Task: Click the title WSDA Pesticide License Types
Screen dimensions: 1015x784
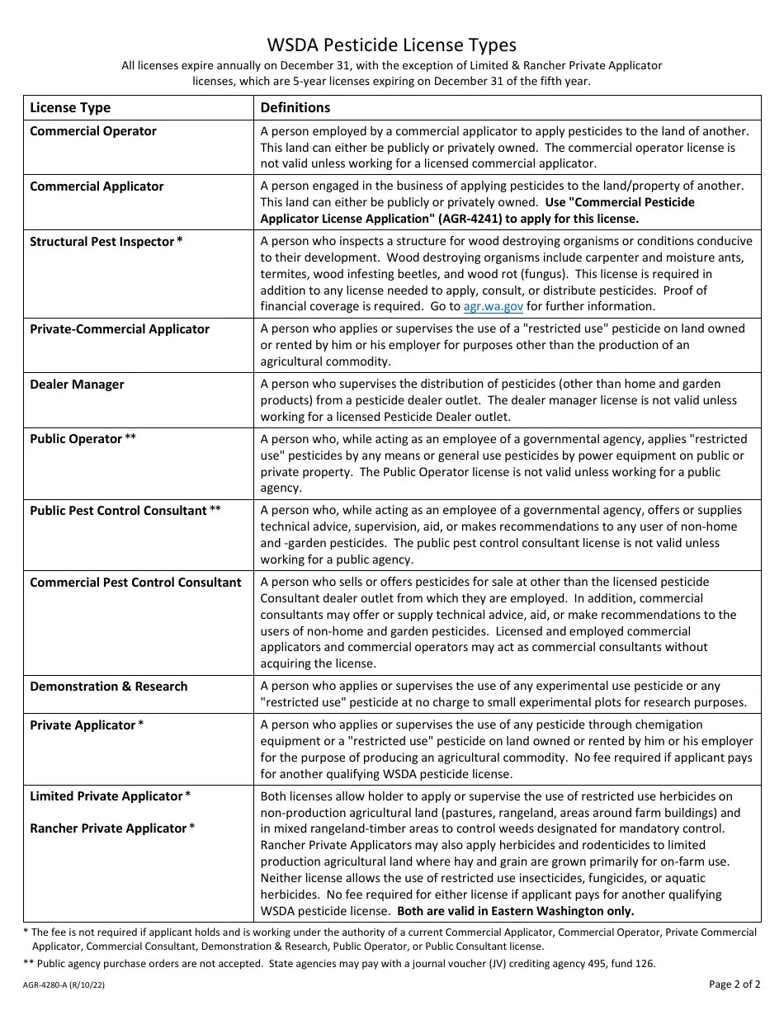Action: (391, 45)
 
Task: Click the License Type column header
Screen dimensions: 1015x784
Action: (70, 108)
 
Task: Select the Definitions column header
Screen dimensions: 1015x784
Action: (295, 108)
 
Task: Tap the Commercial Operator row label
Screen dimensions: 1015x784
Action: (93, 131)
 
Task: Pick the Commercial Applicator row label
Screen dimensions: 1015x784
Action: (97, 186)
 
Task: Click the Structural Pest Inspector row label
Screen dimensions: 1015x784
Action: (102, 242)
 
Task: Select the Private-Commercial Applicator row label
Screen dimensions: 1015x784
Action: (120, 329)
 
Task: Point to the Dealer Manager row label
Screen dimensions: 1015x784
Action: (77, 385)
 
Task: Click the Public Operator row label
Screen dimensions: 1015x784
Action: (76, 439)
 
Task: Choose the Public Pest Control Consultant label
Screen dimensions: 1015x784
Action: (118, 511)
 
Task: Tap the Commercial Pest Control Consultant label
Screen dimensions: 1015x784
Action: (135, 583)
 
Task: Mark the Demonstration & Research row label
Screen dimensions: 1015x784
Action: (109, 687)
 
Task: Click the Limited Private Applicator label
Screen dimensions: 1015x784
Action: (106, 796)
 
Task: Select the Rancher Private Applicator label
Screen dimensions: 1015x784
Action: (108, 829)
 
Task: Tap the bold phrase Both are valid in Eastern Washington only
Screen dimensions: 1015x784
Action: (516, 911)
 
